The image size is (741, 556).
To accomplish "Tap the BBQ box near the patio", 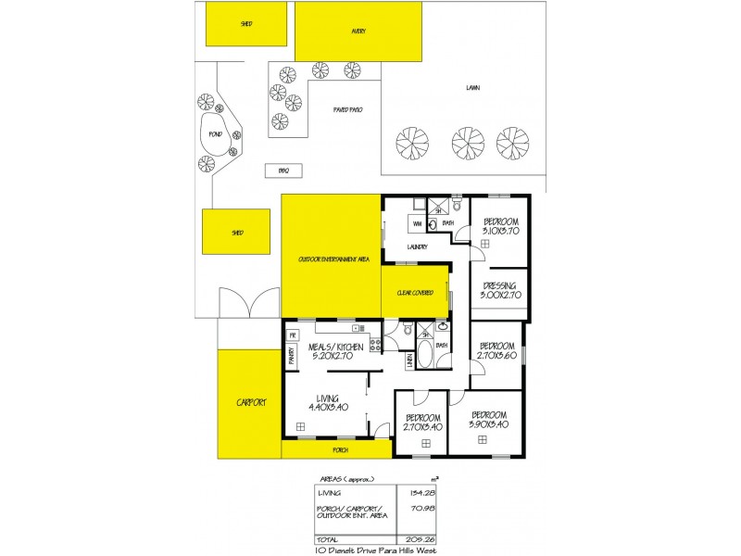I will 284,171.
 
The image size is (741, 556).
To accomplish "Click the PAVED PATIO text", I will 347,109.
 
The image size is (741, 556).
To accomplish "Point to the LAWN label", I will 472,89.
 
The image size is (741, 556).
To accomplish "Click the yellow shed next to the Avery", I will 246,24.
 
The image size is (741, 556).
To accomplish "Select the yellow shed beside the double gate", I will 236,233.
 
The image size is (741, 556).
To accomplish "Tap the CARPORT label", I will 250,402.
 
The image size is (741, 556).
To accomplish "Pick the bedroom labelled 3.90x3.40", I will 488,419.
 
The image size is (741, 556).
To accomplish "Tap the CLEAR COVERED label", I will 415,293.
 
